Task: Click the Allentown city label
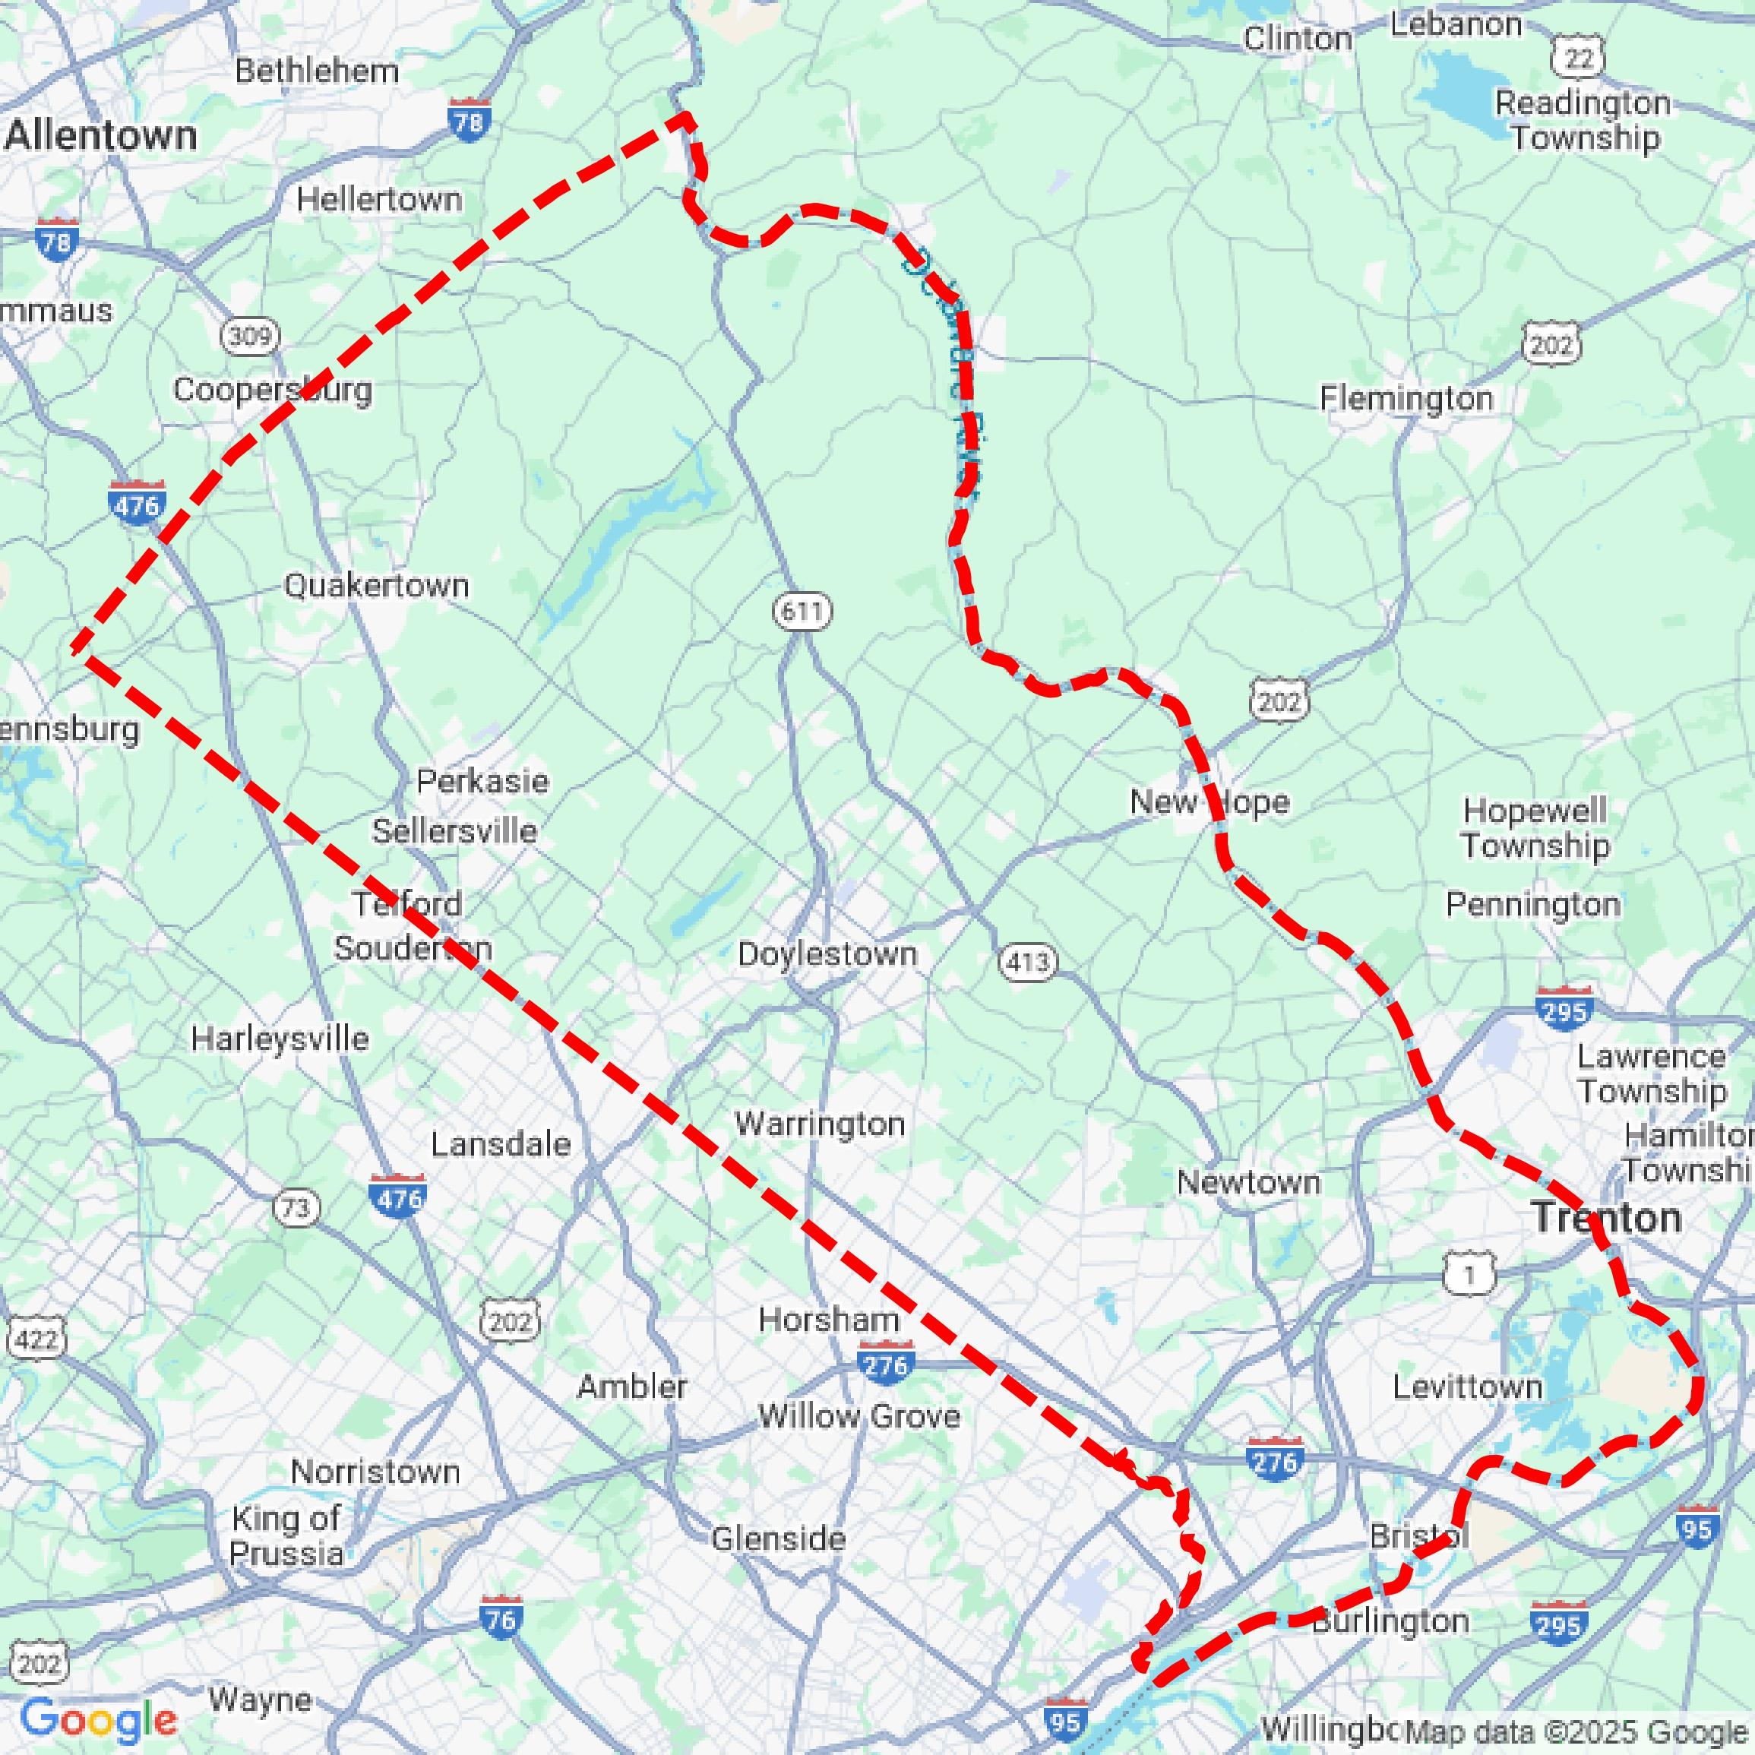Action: click(x=101, y=136)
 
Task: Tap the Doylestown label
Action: click(x=827, y=953)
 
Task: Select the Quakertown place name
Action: click(x=376, y=585)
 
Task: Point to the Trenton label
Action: click(x=1606, y=1217)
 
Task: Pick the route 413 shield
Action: click(x=1028, y=961)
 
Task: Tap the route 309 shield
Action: click(x=250, y=336)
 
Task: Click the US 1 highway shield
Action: click(x=1469, y=1275)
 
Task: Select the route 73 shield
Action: click(x=296, y=1208)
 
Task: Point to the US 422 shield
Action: click(x=37, y=1339)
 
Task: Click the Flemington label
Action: click(x=1406, y=398)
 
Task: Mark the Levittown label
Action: click(x=1468, y=1387)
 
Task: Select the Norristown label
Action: click(x=375, y=1471)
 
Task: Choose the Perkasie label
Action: click(x=482, y=781)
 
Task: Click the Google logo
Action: click(x=98, y=1719)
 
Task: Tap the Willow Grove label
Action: click(x=859, y=1415)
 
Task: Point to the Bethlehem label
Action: click(x=317, y=71)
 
